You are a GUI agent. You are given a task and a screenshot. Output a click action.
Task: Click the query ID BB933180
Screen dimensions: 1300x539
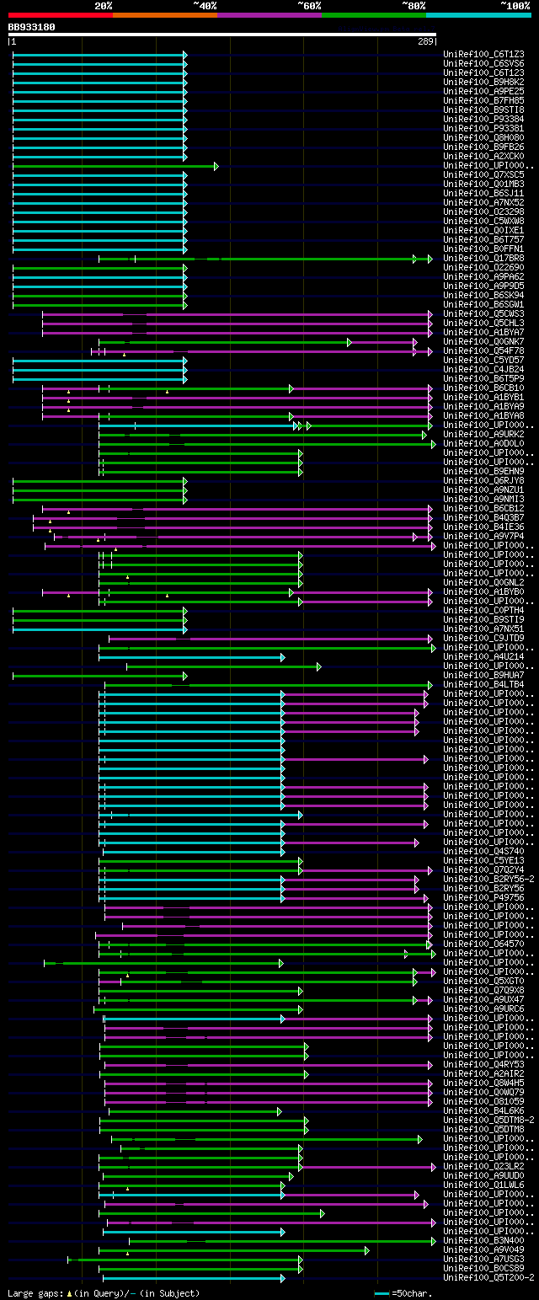(x=32, y=27)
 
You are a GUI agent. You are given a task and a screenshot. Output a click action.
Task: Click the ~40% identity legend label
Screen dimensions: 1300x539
(x=205, y=6)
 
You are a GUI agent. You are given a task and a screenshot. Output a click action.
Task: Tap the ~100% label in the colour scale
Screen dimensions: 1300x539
(x=515, y=6)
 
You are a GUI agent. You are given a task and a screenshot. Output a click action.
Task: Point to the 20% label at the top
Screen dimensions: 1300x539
(x=104, y=6)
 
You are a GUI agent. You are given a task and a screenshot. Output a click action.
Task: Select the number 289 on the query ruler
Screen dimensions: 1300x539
(x=424, y=41)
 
